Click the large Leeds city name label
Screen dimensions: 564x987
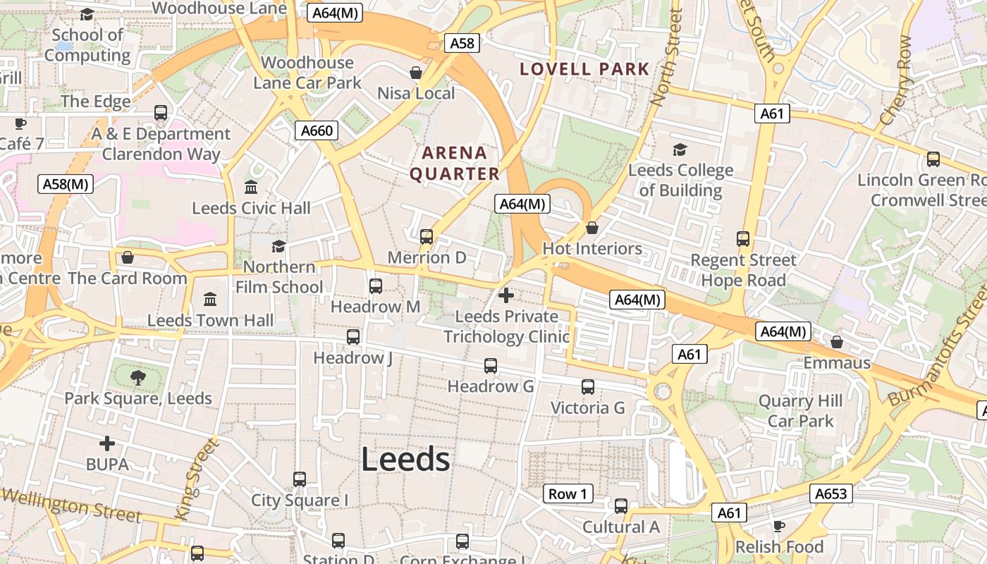click(x=405, y=460)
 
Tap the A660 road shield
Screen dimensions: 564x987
click(x=317, y=130)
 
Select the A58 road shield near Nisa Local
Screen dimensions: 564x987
click(x=462, y=43)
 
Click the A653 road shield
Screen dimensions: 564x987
click(x=830, y=493)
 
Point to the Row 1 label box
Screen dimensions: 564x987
click(x=568, y=493)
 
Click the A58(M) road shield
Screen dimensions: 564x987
click(x=65, y=184)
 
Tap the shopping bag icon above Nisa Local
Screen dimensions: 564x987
click(x=416, y=73)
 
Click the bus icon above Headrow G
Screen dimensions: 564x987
click(x=491, y=366)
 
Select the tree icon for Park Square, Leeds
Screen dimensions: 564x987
click(x=138, y=377)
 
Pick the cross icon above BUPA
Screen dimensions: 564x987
click(x=107, y=443)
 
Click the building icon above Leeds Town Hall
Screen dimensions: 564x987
click(x=210, y=299)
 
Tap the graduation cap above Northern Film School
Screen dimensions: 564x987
click(x=279, y=246)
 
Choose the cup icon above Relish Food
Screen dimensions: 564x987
click(x=779, y=526)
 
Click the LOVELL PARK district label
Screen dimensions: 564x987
click(x=584, y=69)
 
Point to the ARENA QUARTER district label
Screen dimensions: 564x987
click(x=455, y=163)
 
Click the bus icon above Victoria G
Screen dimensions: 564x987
click(x=588, y=387)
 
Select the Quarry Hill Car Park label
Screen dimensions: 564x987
click(x=800, y=411)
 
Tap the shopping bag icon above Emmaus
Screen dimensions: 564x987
click(x=837, y=342)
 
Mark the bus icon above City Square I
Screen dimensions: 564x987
click(x=300, y=479)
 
